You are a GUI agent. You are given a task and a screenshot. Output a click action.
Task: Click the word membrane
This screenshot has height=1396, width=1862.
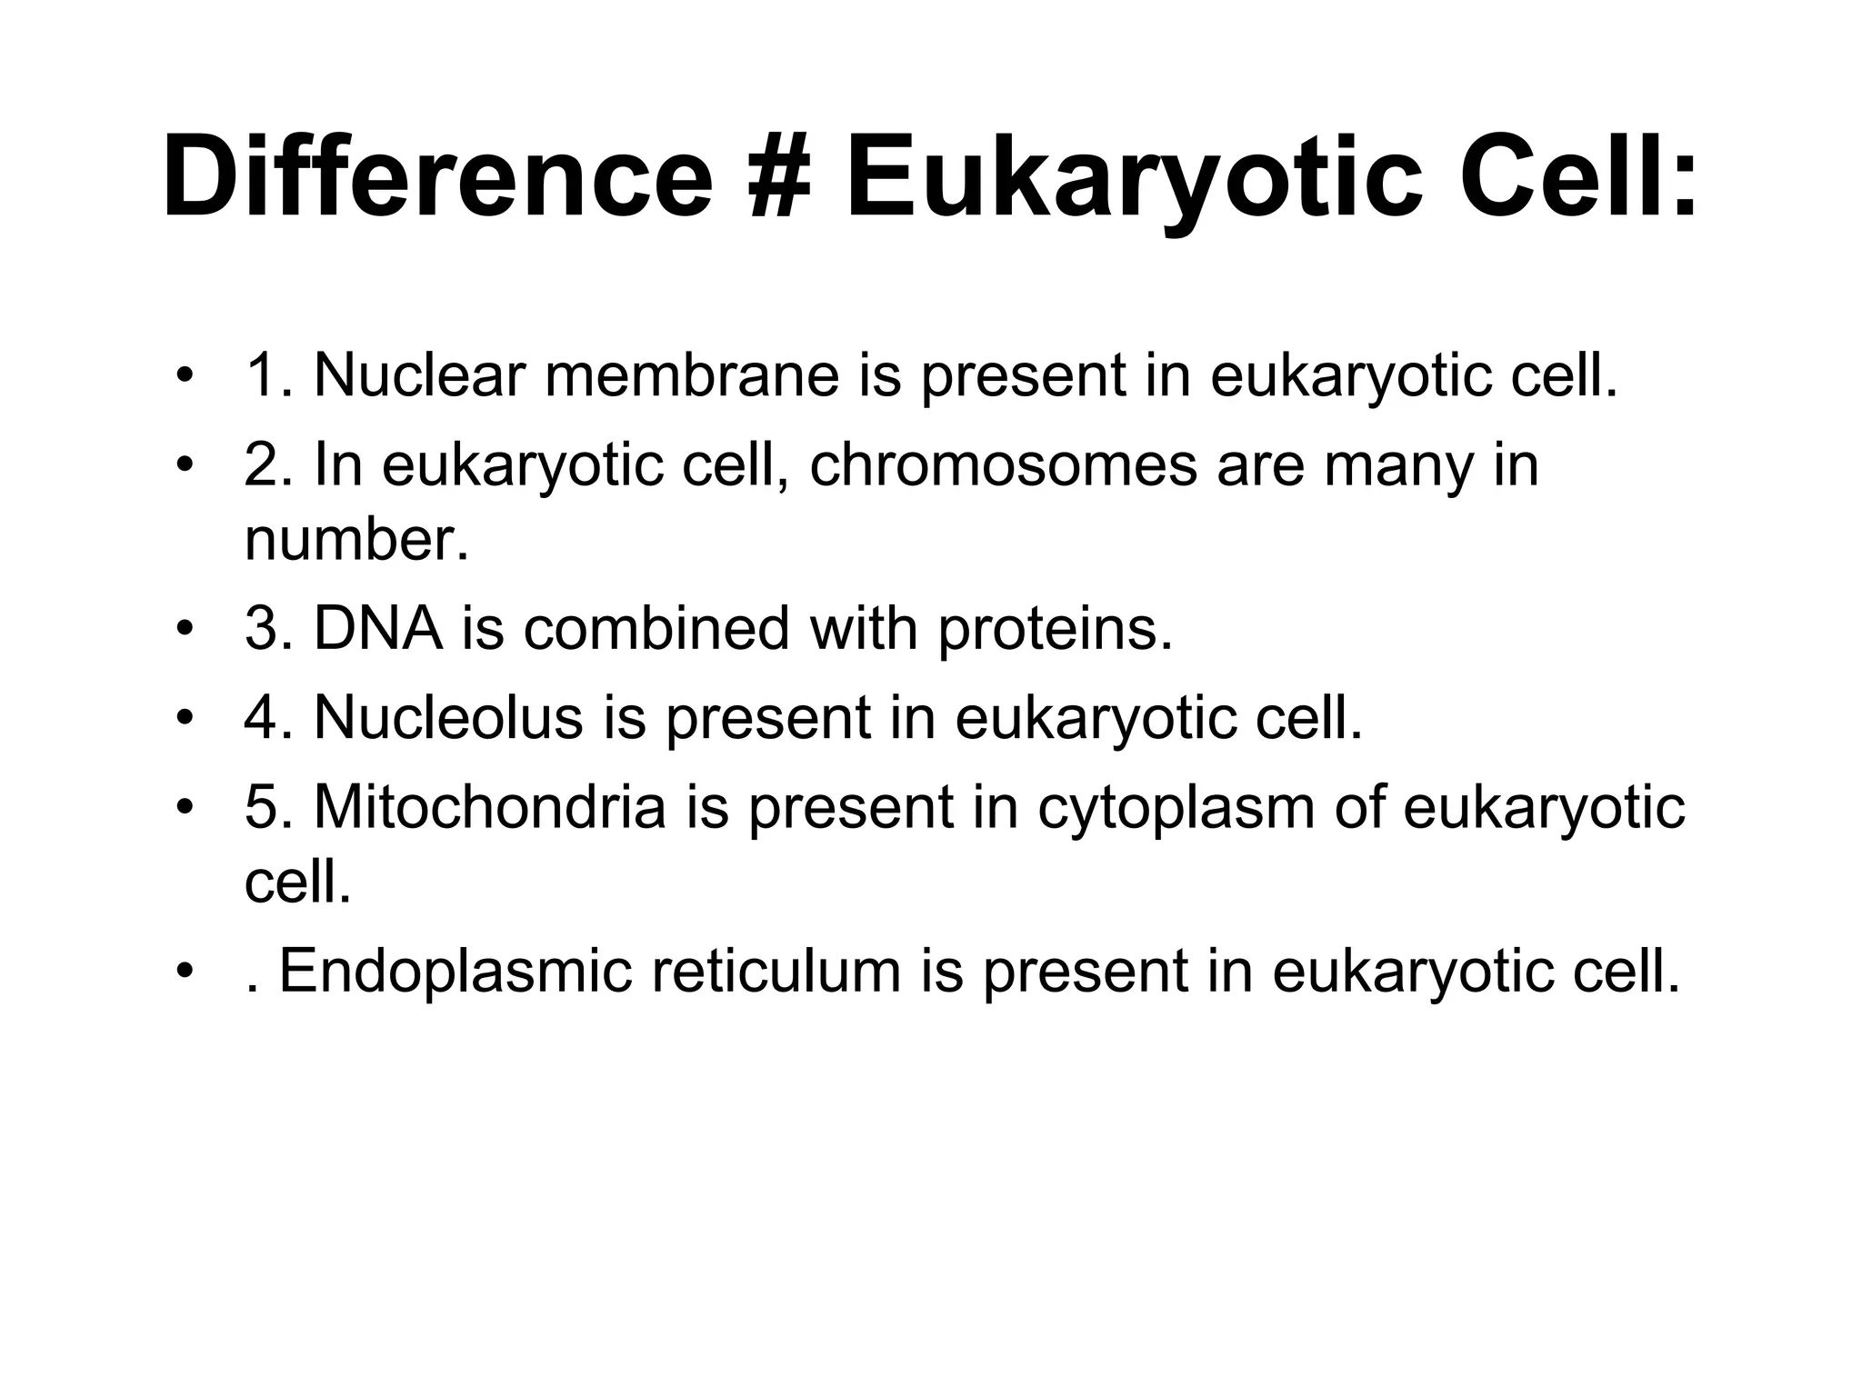coord(692,375)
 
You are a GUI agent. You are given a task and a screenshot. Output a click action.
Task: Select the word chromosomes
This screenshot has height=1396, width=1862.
coord(1003,464)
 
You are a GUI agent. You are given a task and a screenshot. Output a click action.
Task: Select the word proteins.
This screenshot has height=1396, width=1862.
coord(1055,630)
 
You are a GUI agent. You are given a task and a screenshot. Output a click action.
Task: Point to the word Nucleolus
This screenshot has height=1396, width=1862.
coord(447,717)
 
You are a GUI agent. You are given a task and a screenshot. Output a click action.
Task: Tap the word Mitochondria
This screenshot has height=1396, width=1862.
coord(490,806)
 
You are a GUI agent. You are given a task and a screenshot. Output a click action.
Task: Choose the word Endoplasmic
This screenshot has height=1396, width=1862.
coord(455,972)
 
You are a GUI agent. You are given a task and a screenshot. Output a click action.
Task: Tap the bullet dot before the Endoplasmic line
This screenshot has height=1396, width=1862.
coord(185,972)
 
